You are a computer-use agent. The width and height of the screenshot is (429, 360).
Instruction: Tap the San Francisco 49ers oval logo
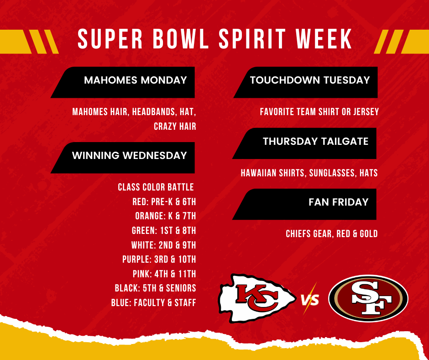[x=368, y=298]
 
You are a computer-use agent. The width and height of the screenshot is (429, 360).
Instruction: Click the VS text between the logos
[x=310, y=300]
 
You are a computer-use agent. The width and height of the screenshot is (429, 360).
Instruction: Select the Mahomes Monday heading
[x=136, y=80]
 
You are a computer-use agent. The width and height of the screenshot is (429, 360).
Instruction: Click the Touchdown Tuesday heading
[x=310, y=80]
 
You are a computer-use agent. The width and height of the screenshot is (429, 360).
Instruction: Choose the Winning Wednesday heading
[x=130, y=155]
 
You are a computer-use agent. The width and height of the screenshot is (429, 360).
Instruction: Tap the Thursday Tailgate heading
[x=315, y=142]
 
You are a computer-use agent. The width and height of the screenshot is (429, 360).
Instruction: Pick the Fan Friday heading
[x=338, y=202]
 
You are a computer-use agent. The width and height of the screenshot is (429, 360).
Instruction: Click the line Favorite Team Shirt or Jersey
[x=319, y=112]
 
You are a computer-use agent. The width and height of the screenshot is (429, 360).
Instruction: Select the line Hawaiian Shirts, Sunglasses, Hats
[x=309, y=173]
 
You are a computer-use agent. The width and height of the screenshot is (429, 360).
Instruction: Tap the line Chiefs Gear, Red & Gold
[x=332, y=234]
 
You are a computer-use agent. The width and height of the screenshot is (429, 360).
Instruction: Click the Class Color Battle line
[x=156, y=187]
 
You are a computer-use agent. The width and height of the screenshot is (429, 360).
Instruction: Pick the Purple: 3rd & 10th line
[x=159, y=259]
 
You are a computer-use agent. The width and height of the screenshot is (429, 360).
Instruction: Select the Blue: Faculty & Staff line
[x=153, y=302]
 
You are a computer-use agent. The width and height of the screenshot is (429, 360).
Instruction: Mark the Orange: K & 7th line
[x=165, y=216]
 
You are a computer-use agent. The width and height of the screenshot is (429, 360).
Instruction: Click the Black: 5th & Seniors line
[x=155, y=288]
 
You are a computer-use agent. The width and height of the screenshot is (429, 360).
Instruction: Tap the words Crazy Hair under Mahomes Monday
[x=175, y=127]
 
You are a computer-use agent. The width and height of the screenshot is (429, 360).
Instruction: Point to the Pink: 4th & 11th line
[x=163, y=274]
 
